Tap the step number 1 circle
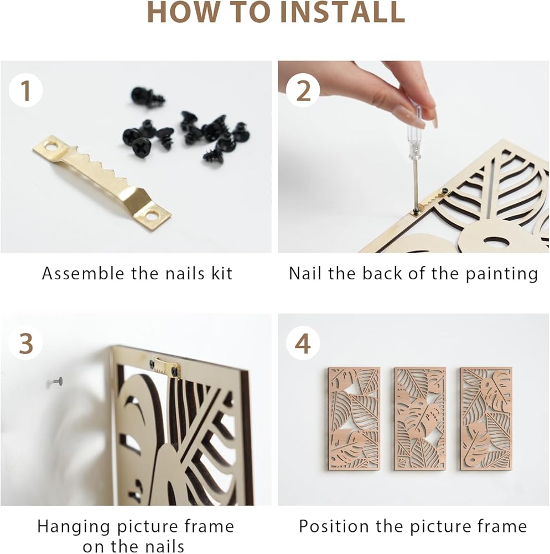pos(25,90)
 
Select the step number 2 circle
pos(303,90)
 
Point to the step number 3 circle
pos(25,343)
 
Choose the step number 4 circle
pos(303,343)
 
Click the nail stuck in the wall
pos(56,382)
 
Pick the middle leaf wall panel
pos(420,419)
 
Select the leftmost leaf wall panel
pos(354,419)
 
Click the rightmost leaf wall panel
pos(486,419)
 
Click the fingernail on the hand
pos(418,120)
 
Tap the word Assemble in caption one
pos(83,274)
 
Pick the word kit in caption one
pos(222,274)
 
